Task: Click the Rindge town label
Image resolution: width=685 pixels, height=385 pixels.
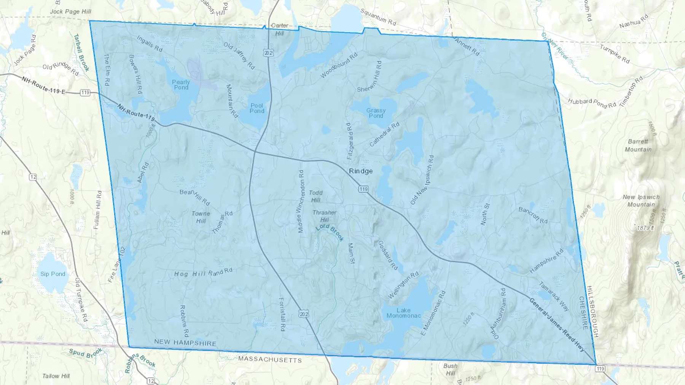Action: pyautogui.click(x=361, y=171)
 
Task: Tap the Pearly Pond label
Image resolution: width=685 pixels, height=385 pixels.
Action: pyautogui.click(x=181, y=85)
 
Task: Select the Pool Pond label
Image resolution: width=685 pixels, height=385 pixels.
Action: pyautogui.click(x=257, y=108)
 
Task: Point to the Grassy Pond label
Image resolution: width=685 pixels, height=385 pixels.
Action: pyautogui.click(x=376, y=113)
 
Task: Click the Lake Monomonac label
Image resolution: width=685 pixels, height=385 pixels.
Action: pyautogui.click(x=403, y=313)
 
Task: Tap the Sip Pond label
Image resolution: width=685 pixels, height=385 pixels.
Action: pyautogui.click(x=53, y=274)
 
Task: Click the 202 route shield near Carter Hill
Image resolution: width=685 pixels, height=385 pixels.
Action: pyautogui.click(x=268, y=53)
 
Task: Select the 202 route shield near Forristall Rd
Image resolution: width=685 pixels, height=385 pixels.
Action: pyautogui.click(x=304, y=314)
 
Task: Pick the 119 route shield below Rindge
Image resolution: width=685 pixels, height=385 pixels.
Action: pyautogui.click(x=363, y=189)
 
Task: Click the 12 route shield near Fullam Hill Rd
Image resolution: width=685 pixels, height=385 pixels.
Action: pyautogui.click(x=33, y=177)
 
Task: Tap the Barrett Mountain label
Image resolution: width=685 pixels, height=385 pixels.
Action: pyautogui.click(x=638, y=146)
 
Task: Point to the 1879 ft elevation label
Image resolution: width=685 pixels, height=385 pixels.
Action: pyautogui.click(x=645, y=228)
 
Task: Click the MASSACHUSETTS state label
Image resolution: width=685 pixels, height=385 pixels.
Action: pyautogui.click(x=270, y=360)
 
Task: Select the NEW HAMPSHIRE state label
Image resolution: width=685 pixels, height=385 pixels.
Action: pyautogui.click(x=185, y=342)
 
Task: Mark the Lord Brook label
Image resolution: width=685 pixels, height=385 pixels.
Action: pyautogui.click(x=330, y=232)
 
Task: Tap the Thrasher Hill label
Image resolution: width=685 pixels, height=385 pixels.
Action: pyautogui.click(x=324, y=216)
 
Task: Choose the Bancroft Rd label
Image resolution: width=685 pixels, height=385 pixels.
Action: pyautogui.click(x=533, y=215)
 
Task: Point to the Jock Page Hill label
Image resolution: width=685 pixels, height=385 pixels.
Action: pyautogui.click(x=70, y=11)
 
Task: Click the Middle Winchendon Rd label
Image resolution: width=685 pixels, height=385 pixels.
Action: pyautogui.click(x=301, y=201)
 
